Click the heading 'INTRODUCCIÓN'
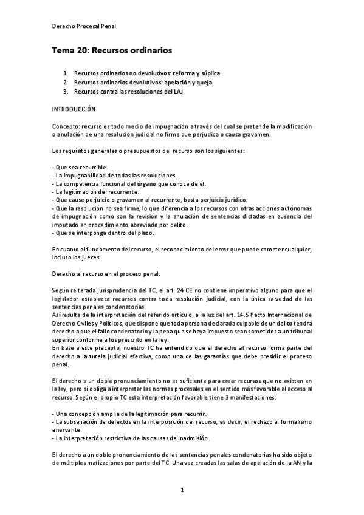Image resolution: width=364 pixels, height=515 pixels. point(74,109)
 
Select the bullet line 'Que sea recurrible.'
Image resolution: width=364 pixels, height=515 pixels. point(81,167)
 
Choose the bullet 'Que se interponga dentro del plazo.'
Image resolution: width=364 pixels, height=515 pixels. point(103,233)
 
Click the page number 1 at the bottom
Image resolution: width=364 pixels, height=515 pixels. point(182,489)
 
